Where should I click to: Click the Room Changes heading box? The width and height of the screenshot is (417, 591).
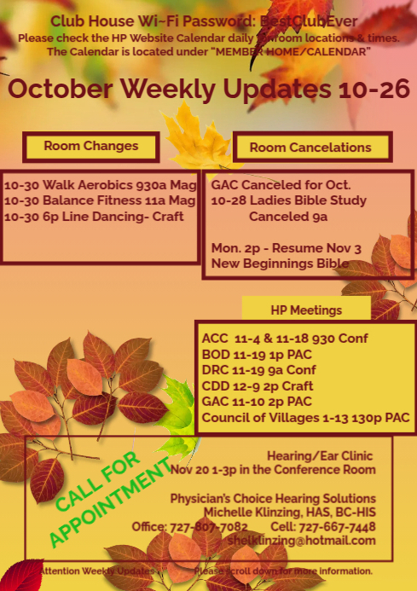pyautogui.click(x=90, y=146)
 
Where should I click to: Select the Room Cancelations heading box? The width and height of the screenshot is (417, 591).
pyautogui.click(x=310, y=148)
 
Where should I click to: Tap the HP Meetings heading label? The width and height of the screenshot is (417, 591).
pyautogui.click(x=306, y=310)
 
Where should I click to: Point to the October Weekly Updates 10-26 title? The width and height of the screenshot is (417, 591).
pyautogui.click(x=209, y=89)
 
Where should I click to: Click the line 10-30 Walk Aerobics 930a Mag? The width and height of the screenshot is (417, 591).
pyautogui.click(x=100, y=185)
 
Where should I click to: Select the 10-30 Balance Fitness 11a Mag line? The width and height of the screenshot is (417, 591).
pyautogui.click(x=100, y=200)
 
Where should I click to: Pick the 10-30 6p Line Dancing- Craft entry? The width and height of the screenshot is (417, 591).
pyautogui.click(x=94, y=216)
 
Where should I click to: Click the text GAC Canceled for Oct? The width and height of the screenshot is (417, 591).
pyautogui.click(x=281, y=185)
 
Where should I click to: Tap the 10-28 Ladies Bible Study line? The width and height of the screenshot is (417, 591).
pyautogui.click(x=288, y=200)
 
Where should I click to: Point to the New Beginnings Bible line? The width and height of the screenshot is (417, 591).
pyautogui.click(x=280, y=264)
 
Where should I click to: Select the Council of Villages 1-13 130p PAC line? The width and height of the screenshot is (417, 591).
pyautogui.click(x=305, y=418)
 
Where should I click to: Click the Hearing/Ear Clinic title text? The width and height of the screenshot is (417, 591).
pyautogui.click(x=320, y=455)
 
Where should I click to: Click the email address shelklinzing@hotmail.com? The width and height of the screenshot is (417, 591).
pyautogui.click(x=303, y=541)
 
